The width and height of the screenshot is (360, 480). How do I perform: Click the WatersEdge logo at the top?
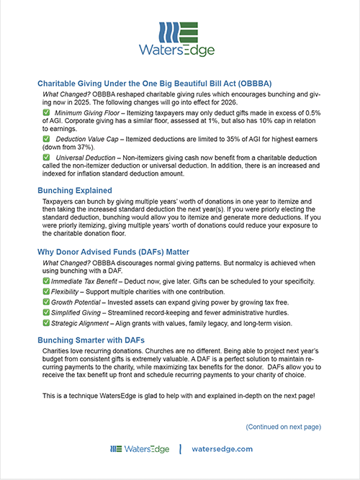(x=180, y=39)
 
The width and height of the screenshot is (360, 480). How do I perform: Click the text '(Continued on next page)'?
(x=283, y=427)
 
